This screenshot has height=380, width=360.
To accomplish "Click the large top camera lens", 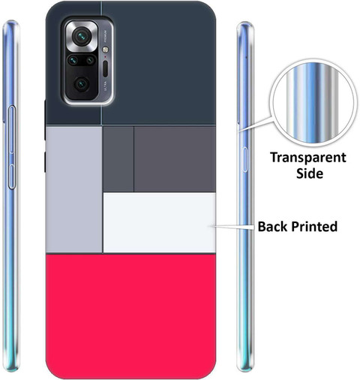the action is tap(82, 37).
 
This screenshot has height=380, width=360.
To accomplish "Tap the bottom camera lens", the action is tap(82, 84).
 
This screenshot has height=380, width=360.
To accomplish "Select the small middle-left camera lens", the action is tap(73, 60).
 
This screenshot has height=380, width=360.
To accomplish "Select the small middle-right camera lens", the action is tap(90, 60).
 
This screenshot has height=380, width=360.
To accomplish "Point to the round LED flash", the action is tap(106, 50).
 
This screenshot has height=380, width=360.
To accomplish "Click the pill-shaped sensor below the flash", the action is tap(105, 68).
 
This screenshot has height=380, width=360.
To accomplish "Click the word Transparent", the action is tap(308, 158).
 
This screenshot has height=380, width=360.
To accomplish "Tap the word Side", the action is tap(310, 173).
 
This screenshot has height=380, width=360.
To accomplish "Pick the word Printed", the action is tap(314, 227).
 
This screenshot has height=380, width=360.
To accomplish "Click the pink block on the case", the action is tap(130, 316).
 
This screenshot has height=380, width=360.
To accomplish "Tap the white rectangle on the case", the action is tap(160, 222).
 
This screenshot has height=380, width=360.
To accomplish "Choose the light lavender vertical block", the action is tap(74, 189).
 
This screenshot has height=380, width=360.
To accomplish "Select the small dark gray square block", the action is tap(118, 159).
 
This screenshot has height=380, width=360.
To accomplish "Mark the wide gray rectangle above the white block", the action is tap(175, 159).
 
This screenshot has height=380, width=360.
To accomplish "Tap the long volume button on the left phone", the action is tap(12, 129).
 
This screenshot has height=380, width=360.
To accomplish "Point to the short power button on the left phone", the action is tap(12, 176).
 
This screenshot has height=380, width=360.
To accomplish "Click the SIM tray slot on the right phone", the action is tap(245, 160).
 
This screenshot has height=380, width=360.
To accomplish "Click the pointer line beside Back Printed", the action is tap(234, 227).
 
